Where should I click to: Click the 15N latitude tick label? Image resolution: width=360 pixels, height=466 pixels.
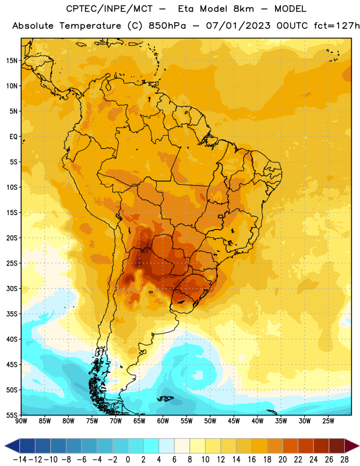coord(12,61)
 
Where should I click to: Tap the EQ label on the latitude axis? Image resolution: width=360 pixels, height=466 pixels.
coord(13,137)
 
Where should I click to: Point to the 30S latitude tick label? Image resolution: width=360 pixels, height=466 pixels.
coord(12,288)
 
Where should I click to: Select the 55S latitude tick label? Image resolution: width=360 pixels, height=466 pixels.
coord(12,415)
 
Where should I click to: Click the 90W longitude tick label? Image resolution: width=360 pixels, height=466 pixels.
coord(21,421)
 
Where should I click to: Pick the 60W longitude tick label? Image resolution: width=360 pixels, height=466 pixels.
coord(163,421)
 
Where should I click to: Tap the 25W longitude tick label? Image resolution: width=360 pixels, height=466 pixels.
coord(329,421)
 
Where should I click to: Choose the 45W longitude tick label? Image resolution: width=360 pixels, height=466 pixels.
coord(234,421)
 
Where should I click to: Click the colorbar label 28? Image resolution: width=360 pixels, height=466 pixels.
coord(344,460)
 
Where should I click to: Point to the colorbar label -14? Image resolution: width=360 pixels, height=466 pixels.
coord(20,460)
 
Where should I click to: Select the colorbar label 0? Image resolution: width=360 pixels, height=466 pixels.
coord(128,460)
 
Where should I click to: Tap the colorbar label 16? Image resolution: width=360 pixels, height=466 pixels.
coord(252,460)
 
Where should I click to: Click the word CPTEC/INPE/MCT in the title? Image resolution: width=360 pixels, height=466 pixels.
coord(110,9)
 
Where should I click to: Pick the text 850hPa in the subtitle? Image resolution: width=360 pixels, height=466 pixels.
coord(167,26)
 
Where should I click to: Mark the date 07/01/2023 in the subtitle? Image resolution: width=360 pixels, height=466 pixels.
coord(238,26)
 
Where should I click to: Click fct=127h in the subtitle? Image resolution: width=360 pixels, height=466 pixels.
coord(336,26)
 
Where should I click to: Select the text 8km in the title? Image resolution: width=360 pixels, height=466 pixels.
coord(243,9)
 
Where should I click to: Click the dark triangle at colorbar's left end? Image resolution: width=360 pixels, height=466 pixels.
coord(12,446)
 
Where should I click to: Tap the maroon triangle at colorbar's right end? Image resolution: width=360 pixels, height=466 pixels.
coord(352,446)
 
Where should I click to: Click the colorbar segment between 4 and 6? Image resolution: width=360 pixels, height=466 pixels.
coord(167,446)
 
